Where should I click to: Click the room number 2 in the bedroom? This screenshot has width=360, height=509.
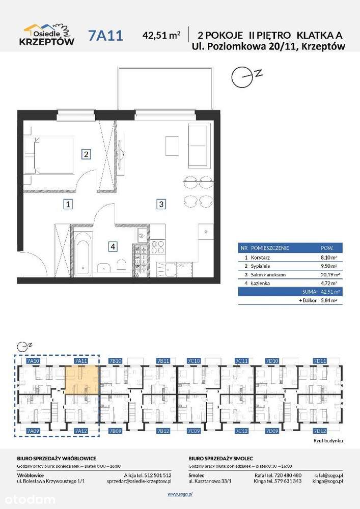87,154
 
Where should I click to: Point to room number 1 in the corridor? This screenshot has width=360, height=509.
67,205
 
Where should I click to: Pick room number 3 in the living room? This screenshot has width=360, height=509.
160,205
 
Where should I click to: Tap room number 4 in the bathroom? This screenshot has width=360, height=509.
113,247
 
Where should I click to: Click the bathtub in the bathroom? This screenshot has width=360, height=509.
83,252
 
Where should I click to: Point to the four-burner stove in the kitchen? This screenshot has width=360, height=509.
157,247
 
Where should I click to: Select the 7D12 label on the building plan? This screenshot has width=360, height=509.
320,431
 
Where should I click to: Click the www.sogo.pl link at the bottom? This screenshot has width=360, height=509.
179,494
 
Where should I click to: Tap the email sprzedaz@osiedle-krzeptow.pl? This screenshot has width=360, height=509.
139,480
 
